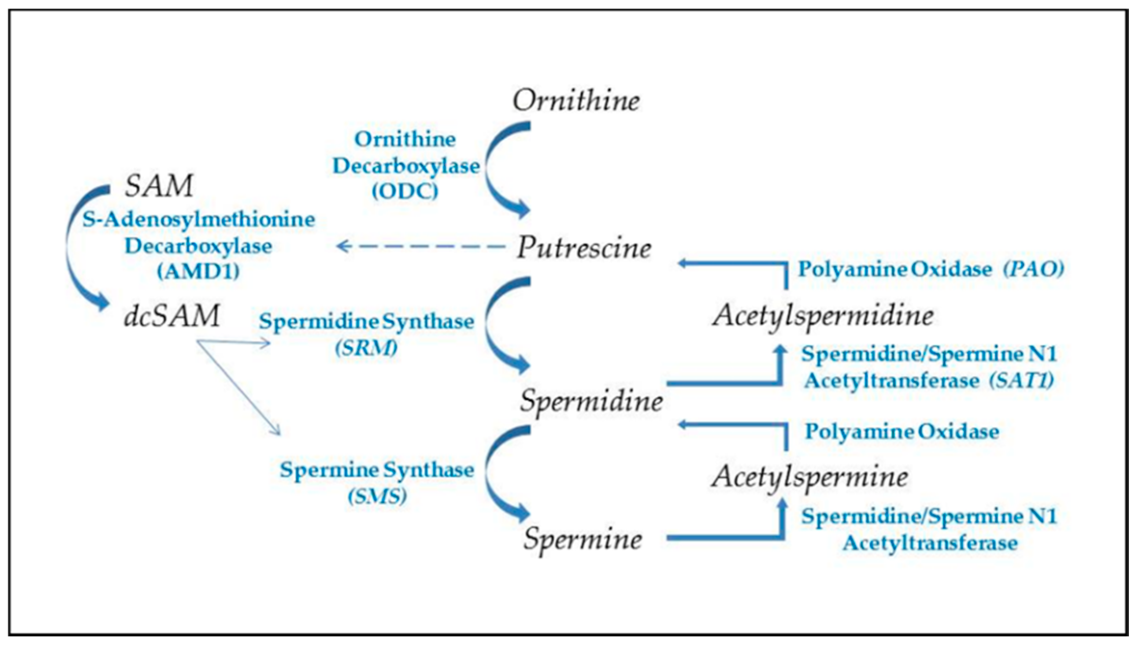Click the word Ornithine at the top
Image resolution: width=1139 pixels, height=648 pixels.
click(576, 100)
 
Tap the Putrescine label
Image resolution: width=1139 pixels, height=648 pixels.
click(584, 248)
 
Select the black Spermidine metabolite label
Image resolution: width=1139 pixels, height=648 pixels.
click(591, 401)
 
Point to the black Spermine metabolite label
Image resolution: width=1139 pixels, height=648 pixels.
click(583, 539)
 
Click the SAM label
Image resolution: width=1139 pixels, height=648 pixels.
click(159, 185)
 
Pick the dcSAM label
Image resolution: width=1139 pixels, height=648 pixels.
click(172, 316)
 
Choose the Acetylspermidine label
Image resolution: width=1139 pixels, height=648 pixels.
click(822, 316)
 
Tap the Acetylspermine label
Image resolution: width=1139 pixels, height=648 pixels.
click(809, 477)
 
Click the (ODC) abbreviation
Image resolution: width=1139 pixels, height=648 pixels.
click(405, 191)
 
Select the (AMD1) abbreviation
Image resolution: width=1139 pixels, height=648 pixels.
click(198, 271)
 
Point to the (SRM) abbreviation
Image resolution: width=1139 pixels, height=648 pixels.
click(366, 348)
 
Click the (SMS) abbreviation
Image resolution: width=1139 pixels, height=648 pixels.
click(377, 496)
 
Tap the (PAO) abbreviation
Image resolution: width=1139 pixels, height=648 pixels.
click(1033, 269)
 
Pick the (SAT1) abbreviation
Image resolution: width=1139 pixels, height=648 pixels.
click(1021, 381)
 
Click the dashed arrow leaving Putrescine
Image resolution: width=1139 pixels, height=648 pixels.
click(419, 246)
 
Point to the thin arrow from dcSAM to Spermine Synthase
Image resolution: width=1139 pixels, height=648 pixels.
click(238, 388)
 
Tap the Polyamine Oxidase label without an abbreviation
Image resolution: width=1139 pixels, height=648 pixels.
click(901, 431)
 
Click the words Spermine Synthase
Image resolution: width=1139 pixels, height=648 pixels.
click(377, 470)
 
